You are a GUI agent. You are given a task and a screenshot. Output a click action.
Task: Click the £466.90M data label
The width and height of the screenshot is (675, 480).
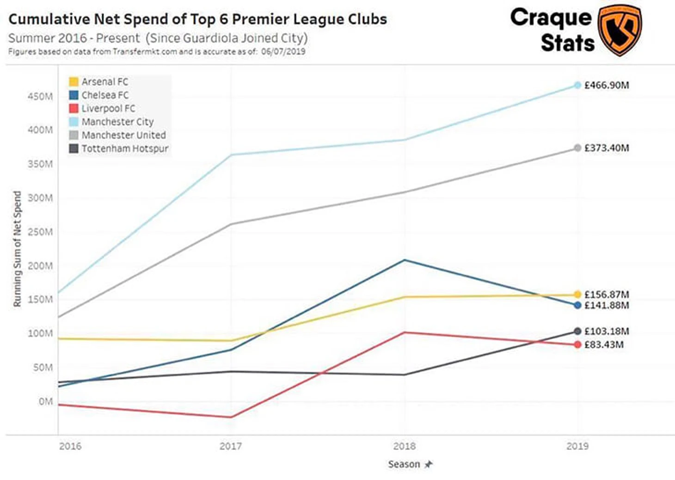(x=606, y=85)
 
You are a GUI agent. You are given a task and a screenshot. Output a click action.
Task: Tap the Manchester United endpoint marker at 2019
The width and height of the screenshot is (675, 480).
(x=577, y=148)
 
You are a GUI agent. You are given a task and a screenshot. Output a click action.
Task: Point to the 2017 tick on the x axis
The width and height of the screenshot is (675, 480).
(x=230, y=446)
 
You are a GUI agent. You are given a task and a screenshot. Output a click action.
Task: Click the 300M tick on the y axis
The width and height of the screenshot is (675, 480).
(x=40, y=198)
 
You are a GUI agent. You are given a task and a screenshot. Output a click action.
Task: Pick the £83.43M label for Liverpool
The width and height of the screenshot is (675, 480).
(x=604, y=345)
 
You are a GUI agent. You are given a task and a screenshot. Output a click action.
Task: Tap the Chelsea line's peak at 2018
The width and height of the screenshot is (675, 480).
(x=405, y=260)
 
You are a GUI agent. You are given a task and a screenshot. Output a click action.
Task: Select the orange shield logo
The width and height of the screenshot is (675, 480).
(x=620, y=30)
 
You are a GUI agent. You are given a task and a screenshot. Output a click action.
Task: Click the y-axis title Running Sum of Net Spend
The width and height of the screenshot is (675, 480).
(x=18, y=249)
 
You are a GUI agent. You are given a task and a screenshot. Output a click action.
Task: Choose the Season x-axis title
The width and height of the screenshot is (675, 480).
(x=404, y=464)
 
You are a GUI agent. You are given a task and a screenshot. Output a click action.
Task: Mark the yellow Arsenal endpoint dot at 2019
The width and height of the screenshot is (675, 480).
(x=577, y=295)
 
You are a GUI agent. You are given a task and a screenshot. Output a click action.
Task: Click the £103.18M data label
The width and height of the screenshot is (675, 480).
(x=606, y=332)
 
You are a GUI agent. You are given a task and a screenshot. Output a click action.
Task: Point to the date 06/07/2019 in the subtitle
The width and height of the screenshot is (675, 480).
(x=283, y=52)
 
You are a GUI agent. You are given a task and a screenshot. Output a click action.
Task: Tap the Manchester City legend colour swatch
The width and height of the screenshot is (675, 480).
(x=74, y=122)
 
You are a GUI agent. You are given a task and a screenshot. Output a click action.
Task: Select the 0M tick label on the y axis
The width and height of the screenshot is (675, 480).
(x=45, y=401)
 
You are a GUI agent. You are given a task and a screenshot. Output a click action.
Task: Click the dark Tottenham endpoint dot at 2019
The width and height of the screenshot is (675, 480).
(x=577, y=331)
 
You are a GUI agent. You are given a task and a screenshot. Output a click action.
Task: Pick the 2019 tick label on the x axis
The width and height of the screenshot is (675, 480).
(x=577, y=446)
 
